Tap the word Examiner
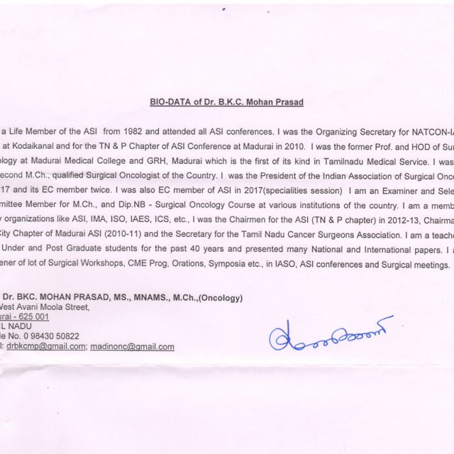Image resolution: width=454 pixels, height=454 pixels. [x=374, y=192]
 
